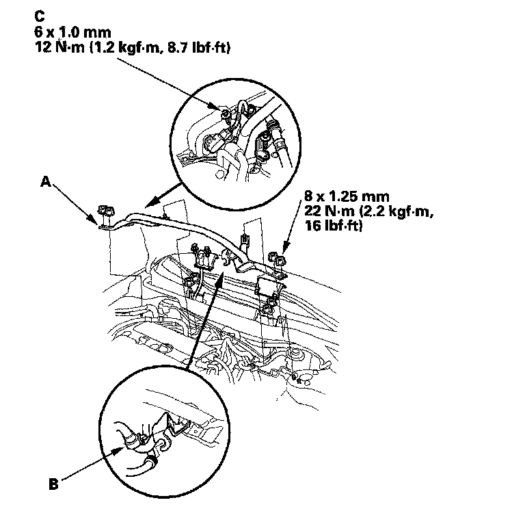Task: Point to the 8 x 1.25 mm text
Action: (336, 201)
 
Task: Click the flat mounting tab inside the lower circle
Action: (196, 430)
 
